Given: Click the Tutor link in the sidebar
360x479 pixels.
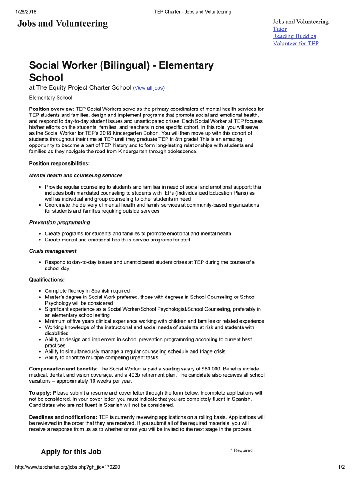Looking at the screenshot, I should click(280, 29).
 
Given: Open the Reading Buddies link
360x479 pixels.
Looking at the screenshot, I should click(294, 36).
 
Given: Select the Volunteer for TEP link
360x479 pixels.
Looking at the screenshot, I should click(295, 44).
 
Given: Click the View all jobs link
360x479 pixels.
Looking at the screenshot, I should click(149, 88).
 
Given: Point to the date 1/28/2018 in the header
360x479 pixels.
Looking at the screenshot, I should click(27, 12).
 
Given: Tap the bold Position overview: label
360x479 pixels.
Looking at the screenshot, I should click(51, 109).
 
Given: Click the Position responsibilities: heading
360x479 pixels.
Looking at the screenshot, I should click(59, 164).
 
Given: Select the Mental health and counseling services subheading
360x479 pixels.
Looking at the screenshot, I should click(76, 175).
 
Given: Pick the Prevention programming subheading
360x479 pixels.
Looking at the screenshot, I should click(59, 222).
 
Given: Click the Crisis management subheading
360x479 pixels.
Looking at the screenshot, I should click(53, 251).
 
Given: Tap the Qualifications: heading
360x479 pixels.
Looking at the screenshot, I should click(47, 280).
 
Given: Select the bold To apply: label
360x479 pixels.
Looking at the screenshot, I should click(40, 393).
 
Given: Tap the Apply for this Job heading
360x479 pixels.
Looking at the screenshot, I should click(71, 451).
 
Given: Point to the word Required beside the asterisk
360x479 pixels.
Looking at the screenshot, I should click(243, 450).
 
